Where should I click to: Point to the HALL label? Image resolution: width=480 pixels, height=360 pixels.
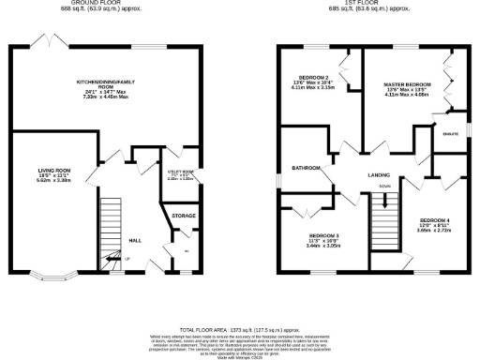[x=135, y=240]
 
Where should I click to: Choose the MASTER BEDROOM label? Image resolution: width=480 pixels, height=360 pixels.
[x=405, y=83]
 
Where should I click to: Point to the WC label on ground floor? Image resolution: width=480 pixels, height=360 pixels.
[x=186, y=250]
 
